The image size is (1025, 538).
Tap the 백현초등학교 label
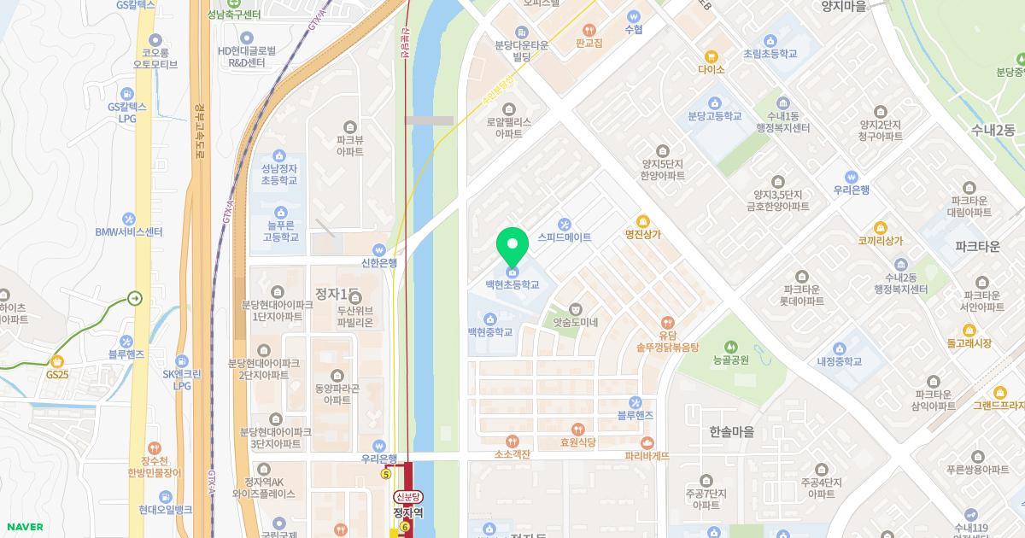point(512,284)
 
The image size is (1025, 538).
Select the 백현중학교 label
point(490,332)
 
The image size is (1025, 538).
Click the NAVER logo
point(24,527)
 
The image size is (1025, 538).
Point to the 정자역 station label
point(407,513)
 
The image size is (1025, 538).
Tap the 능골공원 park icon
point(730,347)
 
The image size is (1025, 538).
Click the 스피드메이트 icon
point(564,224)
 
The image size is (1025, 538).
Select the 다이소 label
point(711,69)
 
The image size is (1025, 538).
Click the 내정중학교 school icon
point(839,348)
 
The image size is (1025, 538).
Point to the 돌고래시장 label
point(969,343)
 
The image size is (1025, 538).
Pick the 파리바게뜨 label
point(659,456)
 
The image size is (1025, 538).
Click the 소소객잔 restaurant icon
point(512,442)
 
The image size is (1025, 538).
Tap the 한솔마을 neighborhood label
point(731,432)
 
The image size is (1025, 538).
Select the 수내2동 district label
point(992,131)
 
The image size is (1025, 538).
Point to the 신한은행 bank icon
point(380,250)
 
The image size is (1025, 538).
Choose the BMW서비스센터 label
point(129,232)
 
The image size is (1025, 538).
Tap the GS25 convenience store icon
point(57,362)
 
